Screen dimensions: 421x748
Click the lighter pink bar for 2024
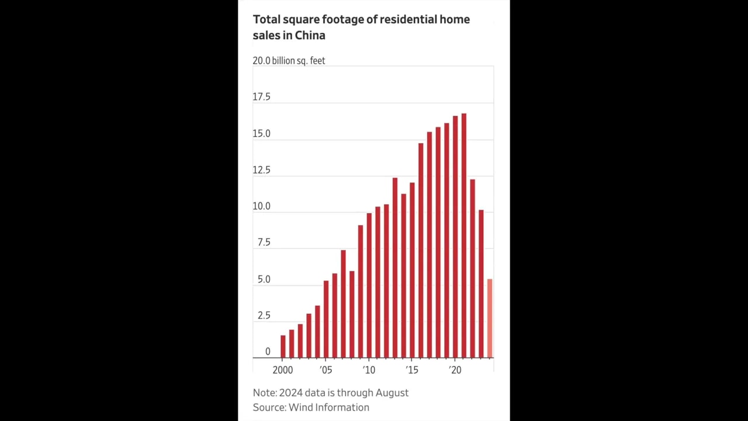click(x=490, y=319)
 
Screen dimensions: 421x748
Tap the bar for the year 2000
click(x=283, y=346)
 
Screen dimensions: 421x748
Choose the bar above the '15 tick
click(x=412, y=270)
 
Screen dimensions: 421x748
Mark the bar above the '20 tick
click(x=455, y=237)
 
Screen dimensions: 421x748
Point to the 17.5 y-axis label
click(x=261, y=97)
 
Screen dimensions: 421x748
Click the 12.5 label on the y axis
click(x=261, y=170)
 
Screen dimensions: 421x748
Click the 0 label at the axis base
click(x=268, y=351)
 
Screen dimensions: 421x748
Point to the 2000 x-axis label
click(x=283, y=370)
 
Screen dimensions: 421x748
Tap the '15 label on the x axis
click(x=412, y=370)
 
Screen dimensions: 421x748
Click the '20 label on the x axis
click(x=455, y=370)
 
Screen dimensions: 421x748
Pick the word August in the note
click(x=389, y=393)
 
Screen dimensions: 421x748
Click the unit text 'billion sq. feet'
click(x=298, y=61)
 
